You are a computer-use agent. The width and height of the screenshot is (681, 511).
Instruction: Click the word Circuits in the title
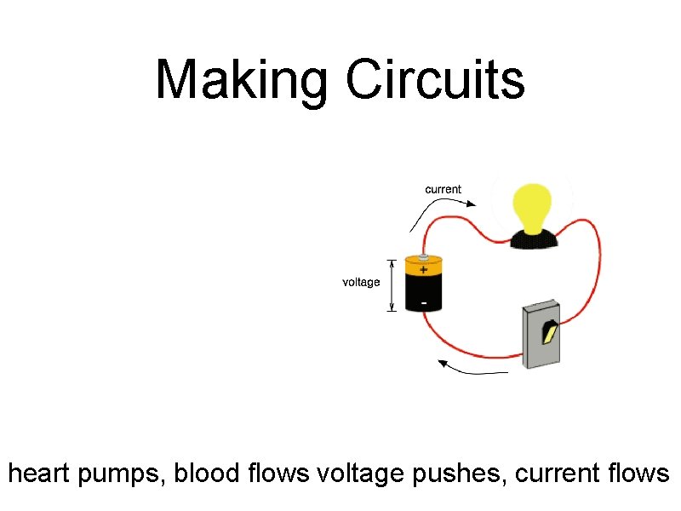coord(435,79)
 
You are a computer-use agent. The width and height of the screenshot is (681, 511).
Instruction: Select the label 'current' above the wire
coord(443,189)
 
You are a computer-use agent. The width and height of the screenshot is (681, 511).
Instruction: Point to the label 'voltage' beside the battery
coord(361,282)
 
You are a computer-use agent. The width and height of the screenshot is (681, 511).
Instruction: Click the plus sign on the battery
coord(424,269)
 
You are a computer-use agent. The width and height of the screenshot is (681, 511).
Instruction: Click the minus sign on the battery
coord(424,302)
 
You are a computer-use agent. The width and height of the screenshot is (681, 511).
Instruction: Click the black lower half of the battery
coord(424,294)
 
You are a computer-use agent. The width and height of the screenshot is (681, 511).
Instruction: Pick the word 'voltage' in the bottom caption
coord(361,473)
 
